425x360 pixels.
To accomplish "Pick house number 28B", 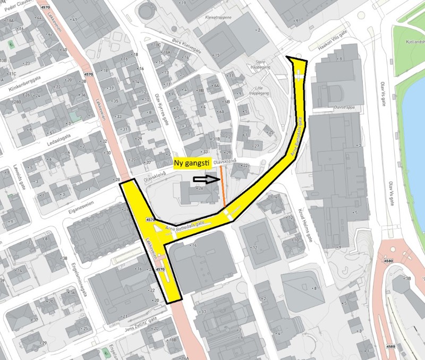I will click(x=16, y=102).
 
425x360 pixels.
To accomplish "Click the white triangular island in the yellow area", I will click(x=157, y=229).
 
